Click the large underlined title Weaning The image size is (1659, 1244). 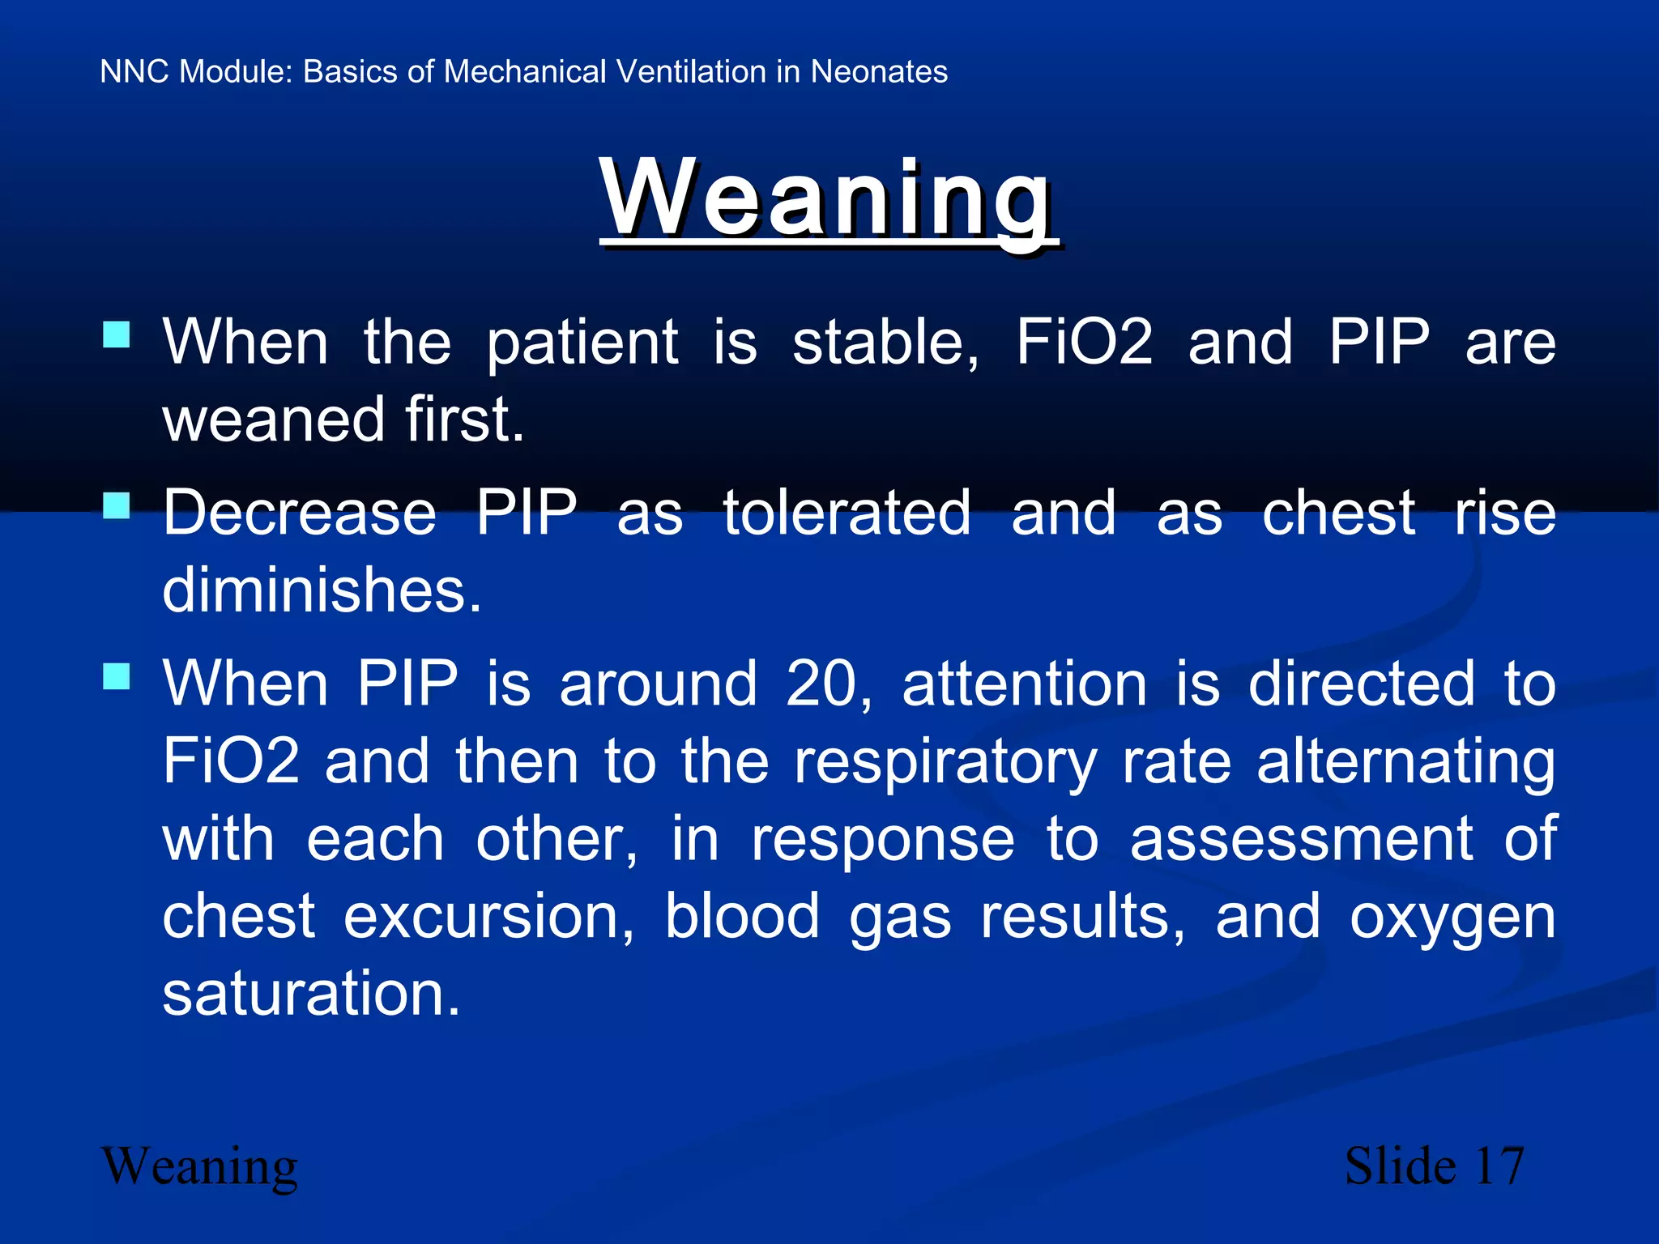click(x=828, y=198)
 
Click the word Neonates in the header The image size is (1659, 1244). click(x=879, y=72)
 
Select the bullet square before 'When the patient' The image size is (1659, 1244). click(x=117, y=334)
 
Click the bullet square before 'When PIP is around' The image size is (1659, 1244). click(x=117, y=676)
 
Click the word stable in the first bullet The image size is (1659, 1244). click(x=885, y=343)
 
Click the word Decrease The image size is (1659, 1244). click(x=300, y=513)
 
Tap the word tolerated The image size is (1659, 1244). click(x=847, y=513)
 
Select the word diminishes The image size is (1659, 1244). click(x=322, y=590)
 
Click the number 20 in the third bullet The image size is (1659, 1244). click(x=826, y=684)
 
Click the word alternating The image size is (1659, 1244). click(x=1405, y=763)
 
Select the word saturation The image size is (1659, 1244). click(x=311, y=994)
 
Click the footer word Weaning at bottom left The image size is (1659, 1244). click(x=199, y=1167)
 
